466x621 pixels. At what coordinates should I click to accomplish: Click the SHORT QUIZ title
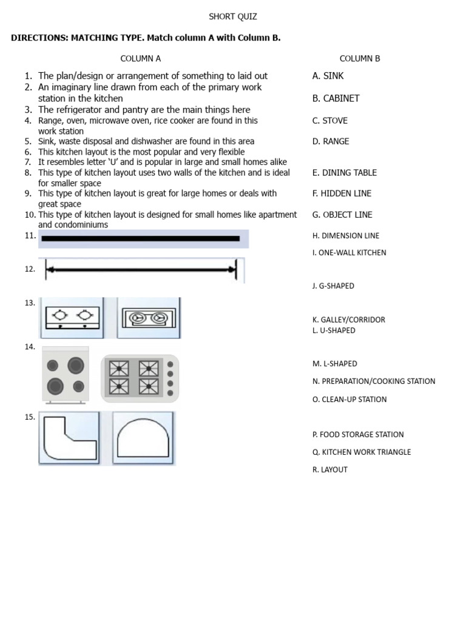click(x=232, y=16)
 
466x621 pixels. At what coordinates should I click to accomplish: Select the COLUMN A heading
click(x=140, y=59)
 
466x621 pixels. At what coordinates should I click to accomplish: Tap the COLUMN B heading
click(x=360, y=59)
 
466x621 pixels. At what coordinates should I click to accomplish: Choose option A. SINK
click(x=328, y=76)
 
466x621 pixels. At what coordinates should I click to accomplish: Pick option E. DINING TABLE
click(x=344, y=173)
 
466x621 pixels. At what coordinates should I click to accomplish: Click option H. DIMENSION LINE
click(x=346, y=236)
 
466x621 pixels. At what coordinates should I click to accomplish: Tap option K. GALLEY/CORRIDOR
click(x=348, y=320)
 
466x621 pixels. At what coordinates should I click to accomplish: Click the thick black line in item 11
click(x=141, y=238)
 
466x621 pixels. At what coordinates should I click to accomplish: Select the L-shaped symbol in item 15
click(x=69, y=438)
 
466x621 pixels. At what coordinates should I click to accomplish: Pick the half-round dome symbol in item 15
click(x=143, y=438)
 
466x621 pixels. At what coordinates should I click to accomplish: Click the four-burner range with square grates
click(x=140, y=378)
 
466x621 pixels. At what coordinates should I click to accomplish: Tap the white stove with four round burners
click(x=66, y=375)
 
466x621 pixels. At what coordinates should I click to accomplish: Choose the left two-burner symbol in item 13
click(x=72, y=317)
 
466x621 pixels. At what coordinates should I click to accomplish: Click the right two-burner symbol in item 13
click(x=149, y=317)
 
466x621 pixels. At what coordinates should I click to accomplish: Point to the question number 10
click(x=30, y=215)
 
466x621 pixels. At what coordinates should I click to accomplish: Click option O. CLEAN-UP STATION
click(x=349, y=400)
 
